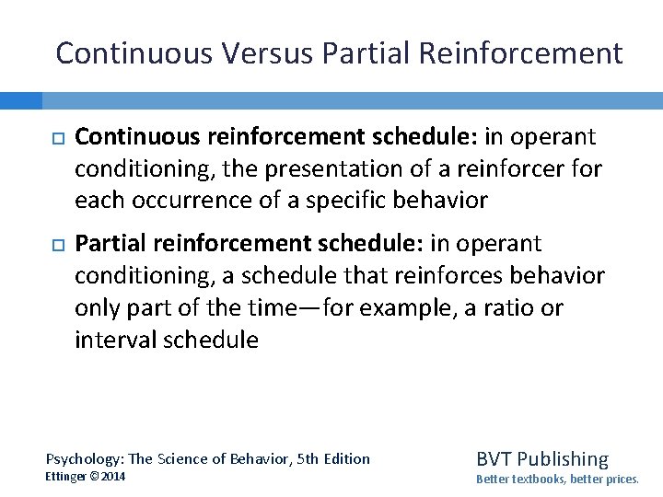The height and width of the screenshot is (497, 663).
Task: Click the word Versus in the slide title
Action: point(271,53)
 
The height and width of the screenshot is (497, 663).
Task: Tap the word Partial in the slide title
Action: point(369,53)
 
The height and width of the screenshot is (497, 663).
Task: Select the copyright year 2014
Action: point(113,477)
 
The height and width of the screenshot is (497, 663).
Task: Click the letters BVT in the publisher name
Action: point(494,458)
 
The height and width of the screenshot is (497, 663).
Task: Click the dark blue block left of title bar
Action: point(20,100)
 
